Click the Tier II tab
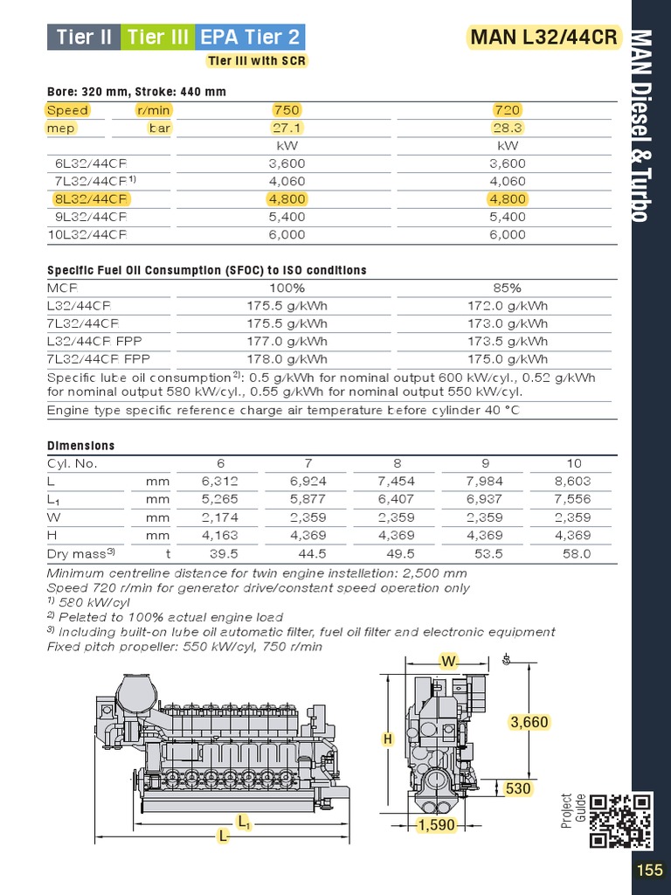[84, 37]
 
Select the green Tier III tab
[158, 37]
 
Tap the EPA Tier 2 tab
[250, 37]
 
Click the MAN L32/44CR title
[543, 38]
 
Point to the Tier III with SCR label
[256, 61]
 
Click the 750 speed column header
[287, 110]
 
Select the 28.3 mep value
[507, 128]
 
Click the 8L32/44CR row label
[86, 198]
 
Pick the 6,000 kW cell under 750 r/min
[287, 234]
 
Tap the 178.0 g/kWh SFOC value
[287, 358]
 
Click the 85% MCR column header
[507, 288]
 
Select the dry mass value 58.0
[576, 553]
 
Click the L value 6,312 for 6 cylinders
[220, 482]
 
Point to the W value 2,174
[220, 517]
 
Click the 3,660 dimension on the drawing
[529, 722]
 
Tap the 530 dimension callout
[518, 788]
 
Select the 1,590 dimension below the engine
[437, 825]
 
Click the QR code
[621, 820]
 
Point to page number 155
[649, 871]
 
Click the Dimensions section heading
[80, 446]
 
